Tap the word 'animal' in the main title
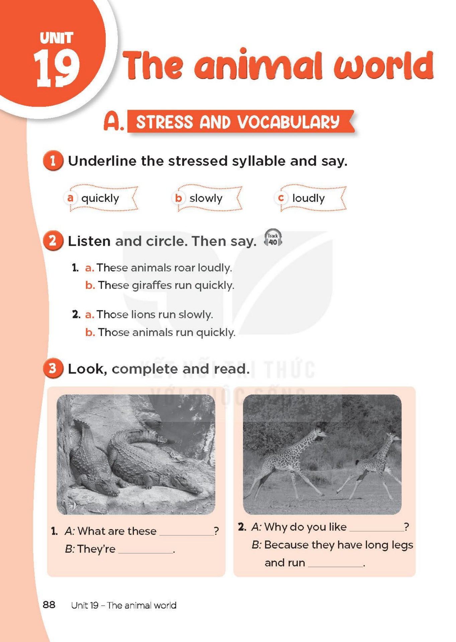(x=258, y=65)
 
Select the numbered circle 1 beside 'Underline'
(x=53, y=161)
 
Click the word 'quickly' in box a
(x=100, y=198)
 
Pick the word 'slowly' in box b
(x=206, y=198)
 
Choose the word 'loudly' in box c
(x=308, y=198)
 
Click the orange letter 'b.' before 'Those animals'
(x=90, y=332)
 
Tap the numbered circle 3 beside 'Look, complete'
(x=53, y=368)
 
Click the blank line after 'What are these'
(x=186, y=534)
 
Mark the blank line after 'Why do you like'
(x=376, y=530)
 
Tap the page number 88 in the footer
(x=49, y=605)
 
